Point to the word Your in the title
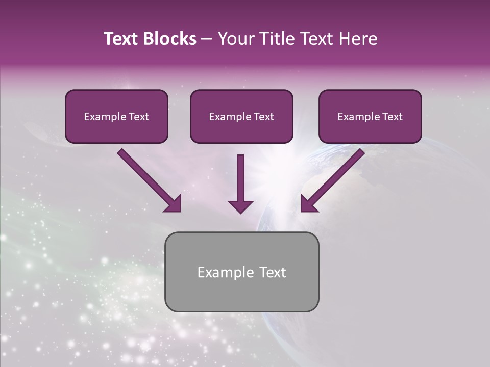coord(236,39)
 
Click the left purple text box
coord(116,117)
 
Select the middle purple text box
coord(241,117)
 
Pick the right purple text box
coord(370,117)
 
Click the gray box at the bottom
coord(241,272)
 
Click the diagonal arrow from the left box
coord(148,179)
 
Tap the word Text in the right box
coord(392,117)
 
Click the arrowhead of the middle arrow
coord(240,206)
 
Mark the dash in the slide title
coord(207,39)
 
